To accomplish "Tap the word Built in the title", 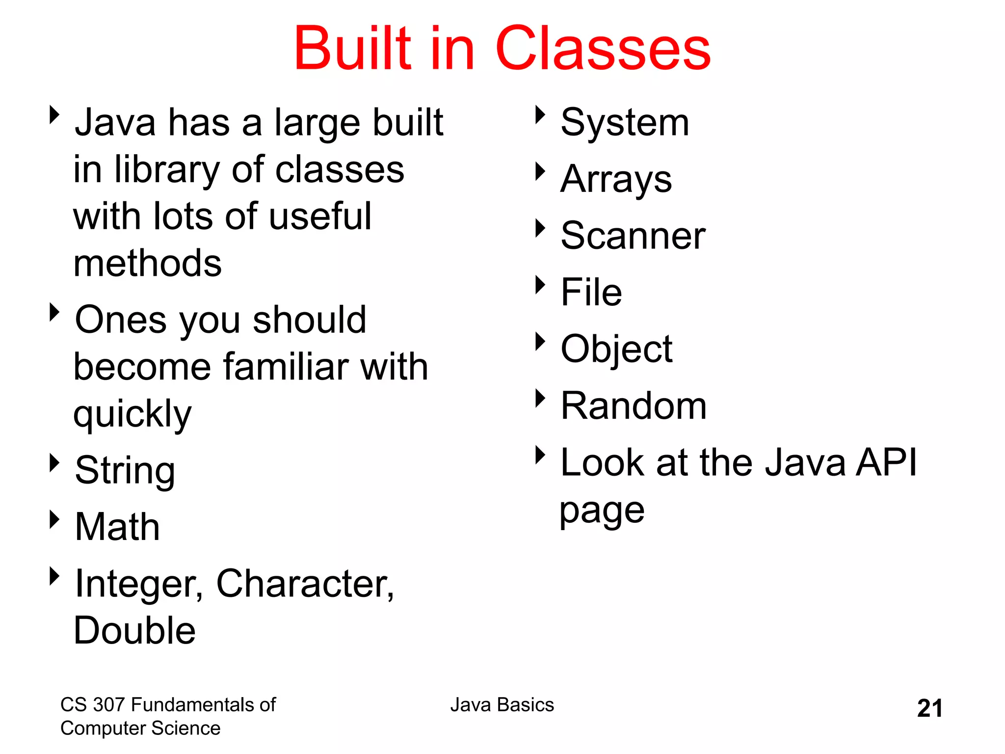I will coord(352,48).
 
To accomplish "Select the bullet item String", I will coord(125,470).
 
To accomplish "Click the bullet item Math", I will coord(117,527).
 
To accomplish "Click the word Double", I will coord(134,630).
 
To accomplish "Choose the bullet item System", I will coord(625,123).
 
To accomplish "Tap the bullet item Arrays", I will coord(616,180).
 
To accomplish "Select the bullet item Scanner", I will coord(633,236).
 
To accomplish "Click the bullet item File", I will coord(591,292).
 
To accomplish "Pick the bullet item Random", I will coord(634,406).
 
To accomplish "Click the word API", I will coord(886,462).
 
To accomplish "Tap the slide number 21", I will coord(929,708).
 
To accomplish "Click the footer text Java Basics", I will coord(502,705).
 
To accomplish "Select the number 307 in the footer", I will coord(109,705).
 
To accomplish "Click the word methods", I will coord(147,263).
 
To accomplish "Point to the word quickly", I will coord(132,414).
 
